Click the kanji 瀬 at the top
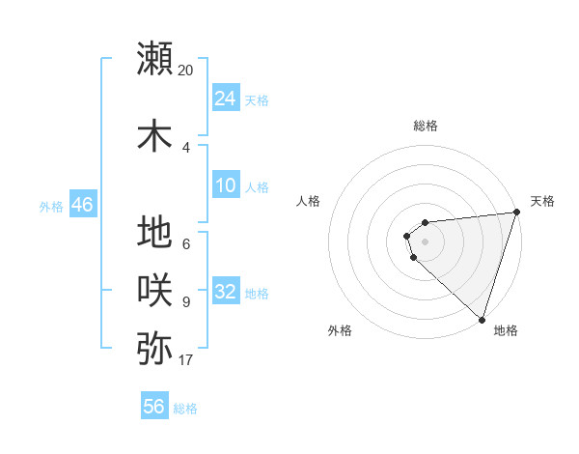point(155,58)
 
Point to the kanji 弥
point(155,347)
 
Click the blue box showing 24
point(226,99)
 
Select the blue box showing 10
point(226,185)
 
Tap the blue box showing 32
point(226,292)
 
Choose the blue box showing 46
point(82,205)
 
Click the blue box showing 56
point(154,407)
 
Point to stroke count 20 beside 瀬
point(186,70)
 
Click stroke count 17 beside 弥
point(186,360)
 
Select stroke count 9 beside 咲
point(186,302)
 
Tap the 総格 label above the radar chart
point(426,126)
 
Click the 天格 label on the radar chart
point(542,201)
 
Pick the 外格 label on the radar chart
point(340,330)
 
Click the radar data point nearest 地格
point(482,318)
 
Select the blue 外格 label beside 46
point(51,206)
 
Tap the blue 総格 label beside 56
point(185,409)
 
